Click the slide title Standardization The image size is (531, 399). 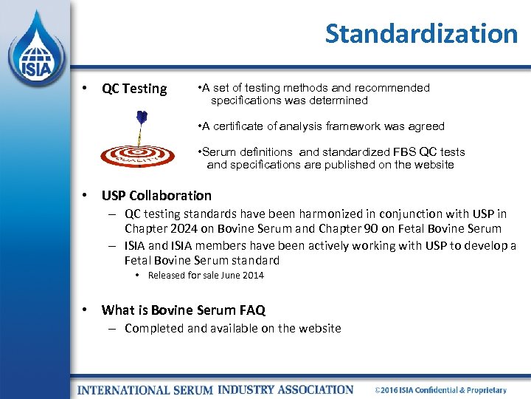point(421,33)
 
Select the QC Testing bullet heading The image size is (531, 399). point(134,89)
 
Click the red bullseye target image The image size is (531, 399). point(138,154)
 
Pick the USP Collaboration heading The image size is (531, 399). point(156,196)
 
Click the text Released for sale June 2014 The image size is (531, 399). point(206,276)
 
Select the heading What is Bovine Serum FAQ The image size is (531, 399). point(183,310)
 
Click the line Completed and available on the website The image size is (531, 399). point(232,328)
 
